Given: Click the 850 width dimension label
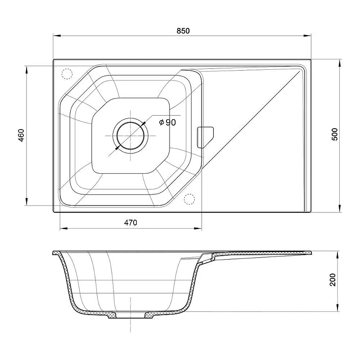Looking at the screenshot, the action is click(x=183, y=31).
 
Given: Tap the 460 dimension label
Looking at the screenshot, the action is click(x=21, y=135).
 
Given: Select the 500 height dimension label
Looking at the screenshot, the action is click(x=335, y=134).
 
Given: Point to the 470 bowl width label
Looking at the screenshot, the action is click(x=130, y=222).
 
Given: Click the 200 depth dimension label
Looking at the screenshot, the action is click(x=333, y=279).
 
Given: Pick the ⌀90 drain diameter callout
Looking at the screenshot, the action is click(x=167, y=122).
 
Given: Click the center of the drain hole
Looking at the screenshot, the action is click(x=130, y=136).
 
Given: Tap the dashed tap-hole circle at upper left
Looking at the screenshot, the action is click(x=67, y=74).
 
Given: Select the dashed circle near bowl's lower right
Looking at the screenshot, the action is click(x=189, y=199).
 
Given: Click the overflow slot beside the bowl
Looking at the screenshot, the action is click(x=205, y=137).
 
